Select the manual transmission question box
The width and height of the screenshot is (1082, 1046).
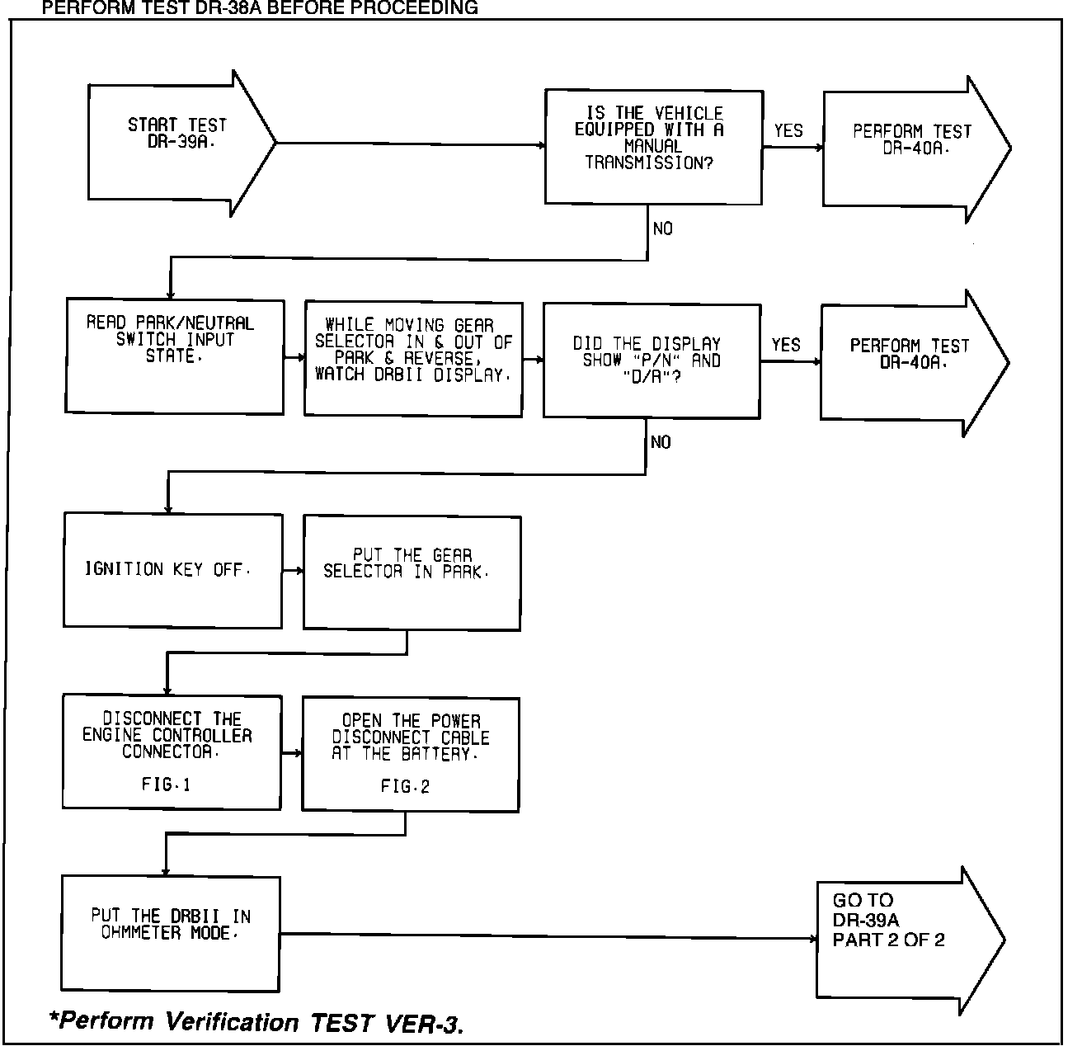[652, 147]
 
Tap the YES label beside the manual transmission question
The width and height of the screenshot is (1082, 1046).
[788, 130]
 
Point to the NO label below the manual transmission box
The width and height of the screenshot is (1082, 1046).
[662, 229]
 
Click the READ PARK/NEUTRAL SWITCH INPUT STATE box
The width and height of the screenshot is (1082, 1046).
[174, 356]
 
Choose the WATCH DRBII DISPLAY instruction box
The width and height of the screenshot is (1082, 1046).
[413, 358]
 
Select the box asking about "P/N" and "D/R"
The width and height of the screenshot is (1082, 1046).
[652, 360]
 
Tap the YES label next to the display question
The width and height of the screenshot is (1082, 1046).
[786, 345]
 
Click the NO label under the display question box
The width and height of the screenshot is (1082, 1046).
[661, 443]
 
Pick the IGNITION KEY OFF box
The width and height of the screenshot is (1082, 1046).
[172, 570]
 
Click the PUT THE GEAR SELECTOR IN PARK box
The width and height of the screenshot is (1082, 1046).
[412, 573]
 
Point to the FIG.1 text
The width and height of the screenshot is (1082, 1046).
[166, 784]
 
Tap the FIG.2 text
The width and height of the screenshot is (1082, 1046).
[405, 787]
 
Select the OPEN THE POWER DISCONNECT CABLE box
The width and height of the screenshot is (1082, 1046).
[410, 754]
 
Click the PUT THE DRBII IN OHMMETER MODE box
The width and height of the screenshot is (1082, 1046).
[171, 933]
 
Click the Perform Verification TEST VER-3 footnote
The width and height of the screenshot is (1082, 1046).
[256, 1022]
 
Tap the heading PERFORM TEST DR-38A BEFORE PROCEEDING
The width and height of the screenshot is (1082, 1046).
[259, 8]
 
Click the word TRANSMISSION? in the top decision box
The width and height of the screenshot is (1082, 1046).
[649, 163]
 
